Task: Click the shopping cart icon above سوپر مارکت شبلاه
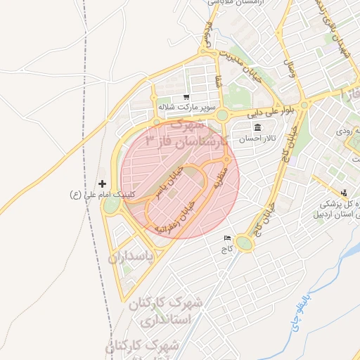click(x=186, y=98)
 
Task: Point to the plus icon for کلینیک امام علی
click(x=103, y=183)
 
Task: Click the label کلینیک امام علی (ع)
click(x=101, y=193)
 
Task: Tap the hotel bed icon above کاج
click(x=226, y=238)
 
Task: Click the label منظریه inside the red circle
click(x=222, y=171)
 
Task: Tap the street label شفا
click(x=219, y=83)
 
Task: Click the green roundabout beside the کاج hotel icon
click(x=244, y=243)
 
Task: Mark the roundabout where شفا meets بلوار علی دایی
click(x=223, y=115)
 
